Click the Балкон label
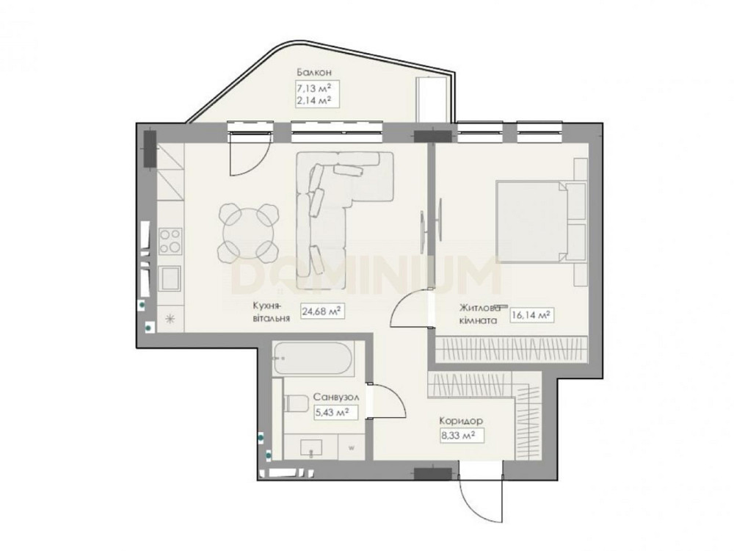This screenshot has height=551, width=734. pyautogui.click(x=314, y=72)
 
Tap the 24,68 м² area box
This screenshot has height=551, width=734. pyautogui.click(x=322, y=311)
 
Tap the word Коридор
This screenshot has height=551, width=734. pyautogui.click(x=461, y=421)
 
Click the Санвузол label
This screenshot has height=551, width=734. pyautogui.click(x=336, y=397)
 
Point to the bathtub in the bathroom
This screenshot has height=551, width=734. pyautogui.click(x=312, y=359)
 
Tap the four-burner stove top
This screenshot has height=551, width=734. pyautogui.click(x=170, y=241)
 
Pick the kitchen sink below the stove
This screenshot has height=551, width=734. pyautogui.click(x=170, y=278)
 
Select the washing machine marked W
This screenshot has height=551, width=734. pyautogui.click(x=351, y=447)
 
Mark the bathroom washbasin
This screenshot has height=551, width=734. pyautogui.click(x=310, y=447)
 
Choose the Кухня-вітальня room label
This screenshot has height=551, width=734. pyautogui.click(x=271, y=311)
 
